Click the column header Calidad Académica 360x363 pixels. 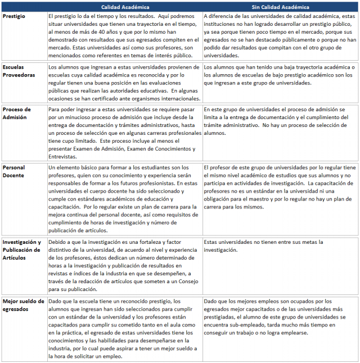click(125, 7)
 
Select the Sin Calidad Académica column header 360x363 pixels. click(280, 7)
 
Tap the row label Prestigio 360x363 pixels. click(13, 17)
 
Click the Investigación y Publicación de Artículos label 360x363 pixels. click(22, 250)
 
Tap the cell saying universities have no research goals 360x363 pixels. click(263, 246)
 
